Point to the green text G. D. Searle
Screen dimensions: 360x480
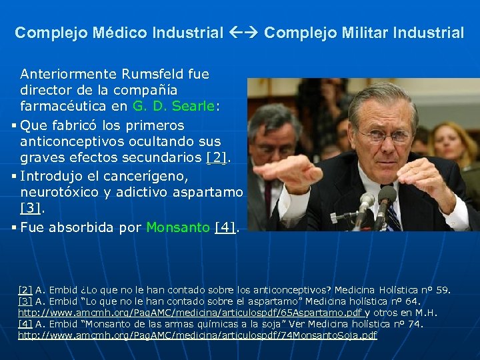coord(173,105)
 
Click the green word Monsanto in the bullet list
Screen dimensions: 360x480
coord(178,227)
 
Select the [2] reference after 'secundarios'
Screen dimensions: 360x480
coord(217,158)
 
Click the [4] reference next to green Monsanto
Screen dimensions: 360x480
coord(226,227)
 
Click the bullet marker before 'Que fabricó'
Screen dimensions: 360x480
coord(13,126)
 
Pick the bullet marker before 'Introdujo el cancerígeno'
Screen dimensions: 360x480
coord(13,177)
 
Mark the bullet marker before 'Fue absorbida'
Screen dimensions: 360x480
coord(13,228)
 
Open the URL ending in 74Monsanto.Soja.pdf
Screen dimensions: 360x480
coord(197,335)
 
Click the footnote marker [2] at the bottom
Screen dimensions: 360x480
coord(25,290)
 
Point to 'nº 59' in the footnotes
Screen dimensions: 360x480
coord(437,290)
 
